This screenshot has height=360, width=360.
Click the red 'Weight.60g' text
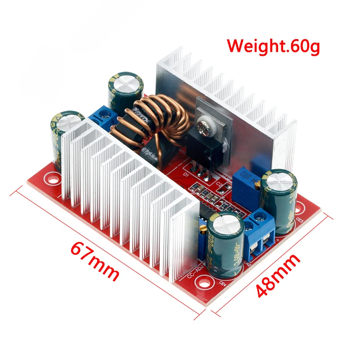273,46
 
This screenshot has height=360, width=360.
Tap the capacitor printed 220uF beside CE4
225,243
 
